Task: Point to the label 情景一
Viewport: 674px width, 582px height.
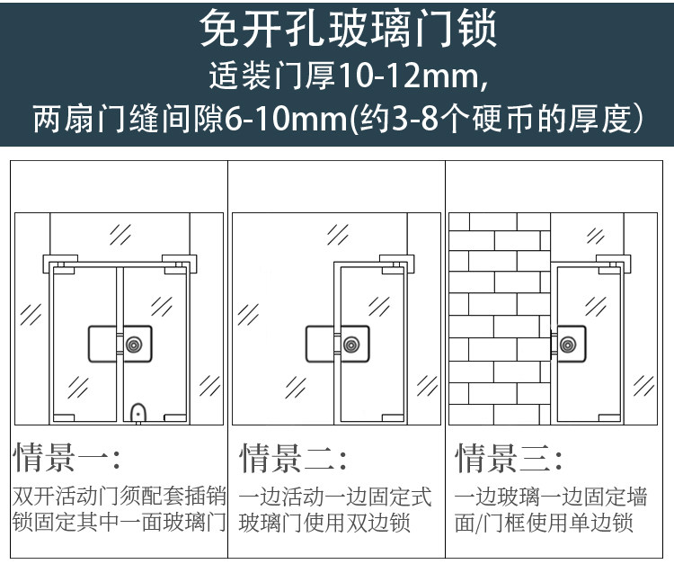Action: pyautogui.click(x=63, y=458)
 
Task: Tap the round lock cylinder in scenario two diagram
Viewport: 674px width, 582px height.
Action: pyautogui.click(x=350, y=345)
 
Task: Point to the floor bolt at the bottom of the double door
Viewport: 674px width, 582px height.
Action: pyautogui.click(x=138, y=413)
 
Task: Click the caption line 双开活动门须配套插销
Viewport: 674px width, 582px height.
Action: pyautogui.click(x=120, y=497)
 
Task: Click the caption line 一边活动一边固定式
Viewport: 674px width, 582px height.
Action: pyautogui.click(x=334, y=497)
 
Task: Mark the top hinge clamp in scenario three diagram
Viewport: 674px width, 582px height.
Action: pyautogui.click(x=616, y=264)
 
